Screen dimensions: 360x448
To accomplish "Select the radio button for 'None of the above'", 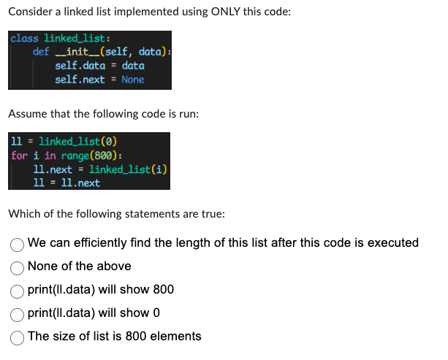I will coord(17,267).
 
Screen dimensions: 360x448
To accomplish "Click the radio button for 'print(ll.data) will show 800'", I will coord(17,290).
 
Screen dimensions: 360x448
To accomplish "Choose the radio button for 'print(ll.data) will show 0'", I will coord(17,313).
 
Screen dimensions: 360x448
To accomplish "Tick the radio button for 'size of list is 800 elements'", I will coord(17,337).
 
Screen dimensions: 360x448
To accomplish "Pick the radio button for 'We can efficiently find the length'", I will coord(17,243).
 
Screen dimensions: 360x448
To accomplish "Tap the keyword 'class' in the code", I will coord(24,38).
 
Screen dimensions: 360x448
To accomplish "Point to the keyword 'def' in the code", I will coord(41,52).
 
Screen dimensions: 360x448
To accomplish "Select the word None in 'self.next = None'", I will coord(133,80).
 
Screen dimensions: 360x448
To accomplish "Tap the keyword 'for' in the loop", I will coord(19,156).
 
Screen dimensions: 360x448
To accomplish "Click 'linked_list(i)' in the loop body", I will coord(129,169).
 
